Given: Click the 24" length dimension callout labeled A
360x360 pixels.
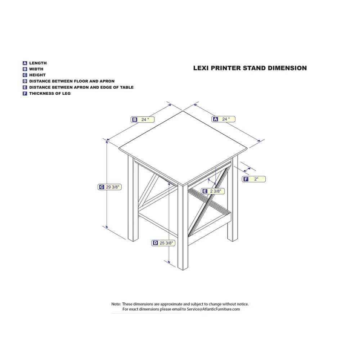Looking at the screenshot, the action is coord(224,119).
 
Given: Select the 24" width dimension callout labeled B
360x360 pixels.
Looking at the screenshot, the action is coord(143,120).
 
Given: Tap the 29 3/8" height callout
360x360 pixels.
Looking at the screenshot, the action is coord(109,187).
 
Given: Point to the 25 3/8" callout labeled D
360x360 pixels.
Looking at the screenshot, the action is coord(163,243).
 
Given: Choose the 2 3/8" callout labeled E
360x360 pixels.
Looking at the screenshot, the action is coord(213,191).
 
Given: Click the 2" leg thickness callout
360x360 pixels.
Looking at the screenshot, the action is coord(254,179).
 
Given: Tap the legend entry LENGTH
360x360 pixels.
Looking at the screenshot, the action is coord(38,63).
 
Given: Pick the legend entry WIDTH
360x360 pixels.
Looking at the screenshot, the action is coord(36,69).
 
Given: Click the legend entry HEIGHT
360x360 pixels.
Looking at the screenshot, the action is coord(37,75).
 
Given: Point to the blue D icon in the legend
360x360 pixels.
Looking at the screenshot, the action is coord(25,81).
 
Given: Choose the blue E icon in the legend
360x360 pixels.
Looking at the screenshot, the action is coord(25,87).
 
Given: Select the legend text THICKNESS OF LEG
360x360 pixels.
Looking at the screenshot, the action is coord(50,94).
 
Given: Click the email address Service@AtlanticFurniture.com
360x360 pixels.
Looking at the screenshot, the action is coord(213,309).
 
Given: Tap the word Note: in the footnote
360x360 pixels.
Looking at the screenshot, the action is coord(116,304).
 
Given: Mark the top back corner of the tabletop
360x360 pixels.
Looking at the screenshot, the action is coord(183,111).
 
